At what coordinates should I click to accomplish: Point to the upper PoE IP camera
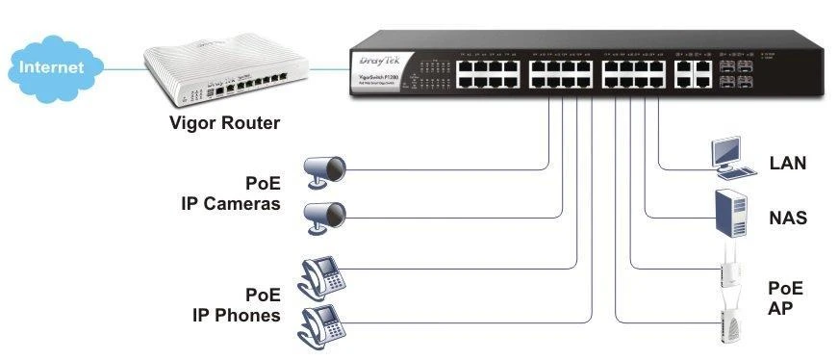(324, 170)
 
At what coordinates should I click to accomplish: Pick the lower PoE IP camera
(324, 215)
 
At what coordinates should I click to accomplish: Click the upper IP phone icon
(321, 275)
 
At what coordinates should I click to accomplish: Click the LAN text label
(787, 164)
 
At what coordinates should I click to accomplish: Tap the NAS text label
(787, 219)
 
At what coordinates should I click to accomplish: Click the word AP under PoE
(779, 309)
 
